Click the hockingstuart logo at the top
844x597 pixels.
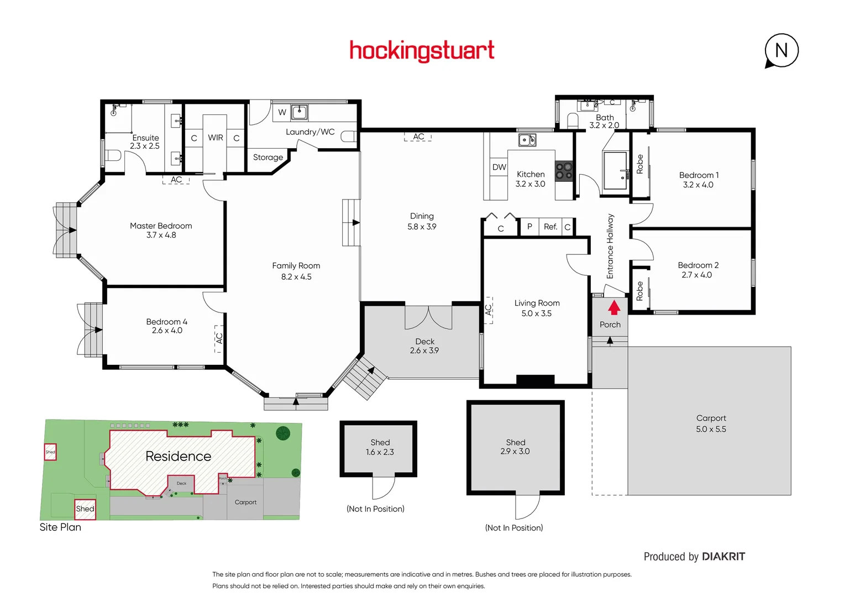tap(422, 50)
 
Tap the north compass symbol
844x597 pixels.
tap(781, 51)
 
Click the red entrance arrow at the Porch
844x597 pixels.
tap(614, 307)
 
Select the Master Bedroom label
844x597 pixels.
tap(161, 226)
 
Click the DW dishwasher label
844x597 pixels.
tap(499, 167)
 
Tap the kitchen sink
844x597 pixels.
tap(527, 140)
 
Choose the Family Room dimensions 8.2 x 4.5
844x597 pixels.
tap(296, 277)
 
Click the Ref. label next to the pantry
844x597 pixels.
tap(550, 227)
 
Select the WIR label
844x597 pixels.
tap(215, 138)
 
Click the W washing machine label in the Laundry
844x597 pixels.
tap(282, 112)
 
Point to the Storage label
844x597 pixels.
tap(268, 158)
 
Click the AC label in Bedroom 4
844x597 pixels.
tap(219, 338)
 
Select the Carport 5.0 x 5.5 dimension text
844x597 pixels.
tap(711, 430)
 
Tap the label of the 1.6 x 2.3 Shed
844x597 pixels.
tap(380, 442)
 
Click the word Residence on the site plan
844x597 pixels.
tap(178, 456)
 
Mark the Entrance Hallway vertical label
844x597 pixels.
tap(610, 246)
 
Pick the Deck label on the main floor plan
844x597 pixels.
tap(424, 342)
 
